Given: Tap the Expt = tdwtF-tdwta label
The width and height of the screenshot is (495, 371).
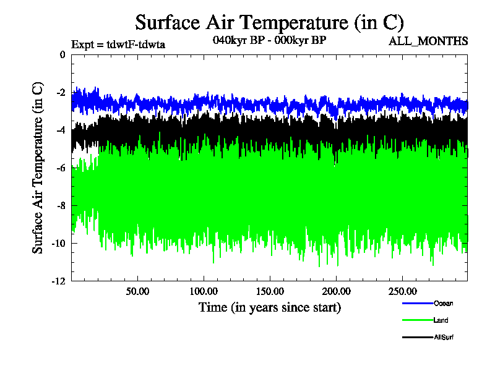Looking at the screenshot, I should click(x=118, y=44).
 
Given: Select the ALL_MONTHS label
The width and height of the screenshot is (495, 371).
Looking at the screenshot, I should click(x=428, y=41).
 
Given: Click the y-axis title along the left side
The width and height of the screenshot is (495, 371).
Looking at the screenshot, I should click(x=38, y=167).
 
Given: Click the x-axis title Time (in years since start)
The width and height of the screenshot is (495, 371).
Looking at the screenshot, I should click(x=269, y=307).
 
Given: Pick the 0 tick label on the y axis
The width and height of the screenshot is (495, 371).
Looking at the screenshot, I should click(x=62, y=55).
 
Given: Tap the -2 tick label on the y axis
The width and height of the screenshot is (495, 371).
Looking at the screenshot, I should click(x=60, y=93).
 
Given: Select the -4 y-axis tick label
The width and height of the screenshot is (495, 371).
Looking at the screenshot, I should click(x=60, y=130).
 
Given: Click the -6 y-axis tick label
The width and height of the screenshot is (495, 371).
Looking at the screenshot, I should click(x=60, y=168).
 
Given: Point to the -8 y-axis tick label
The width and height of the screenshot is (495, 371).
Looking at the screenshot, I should click(x=60, y=206).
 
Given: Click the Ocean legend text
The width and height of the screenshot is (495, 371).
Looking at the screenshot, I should click(x=443, y=303).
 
